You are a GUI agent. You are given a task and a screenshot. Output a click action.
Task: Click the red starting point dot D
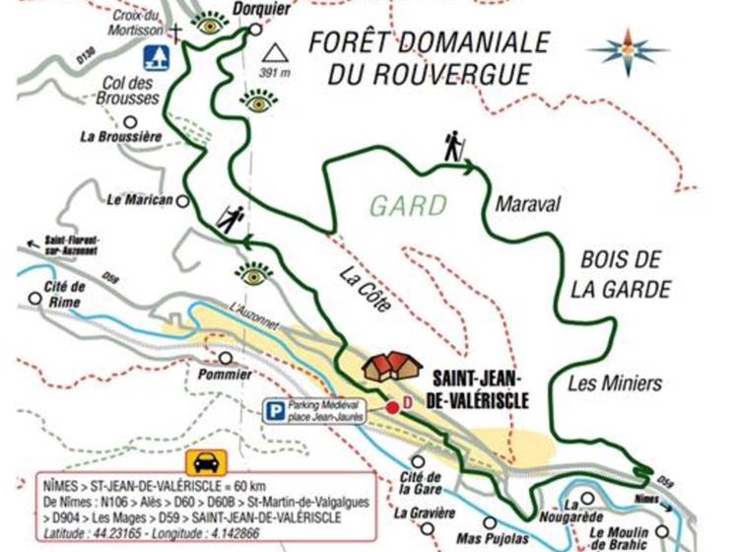click(392, 406)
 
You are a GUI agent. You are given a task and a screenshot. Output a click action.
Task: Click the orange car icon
click(207, 462)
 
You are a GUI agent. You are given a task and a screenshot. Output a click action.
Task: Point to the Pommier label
click(224, 376)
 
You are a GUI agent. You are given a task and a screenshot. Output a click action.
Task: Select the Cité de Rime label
click(65, 294)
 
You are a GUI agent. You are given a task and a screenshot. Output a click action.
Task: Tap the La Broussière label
click(121, 138)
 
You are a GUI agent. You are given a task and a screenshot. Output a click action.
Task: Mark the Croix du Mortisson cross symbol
click(177, 32)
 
